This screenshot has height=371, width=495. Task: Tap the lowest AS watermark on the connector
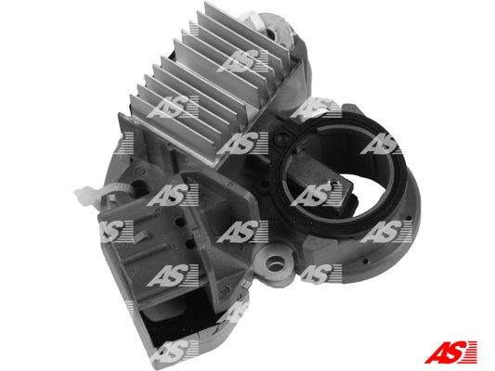click(172, 350)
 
